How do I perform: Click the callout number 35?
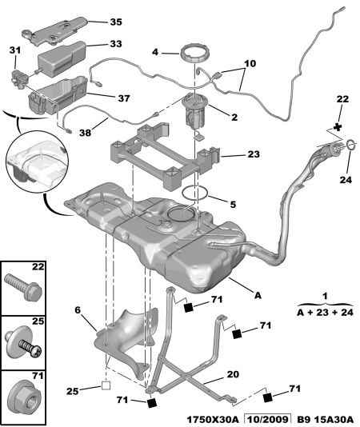(116, 22)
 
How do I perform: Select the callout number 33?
(116, 44)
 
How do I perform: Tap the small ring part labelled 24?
(350, 145)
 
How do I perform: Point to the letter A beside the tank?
(258, 294)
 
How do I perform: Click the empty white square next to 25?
(105, 390)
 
